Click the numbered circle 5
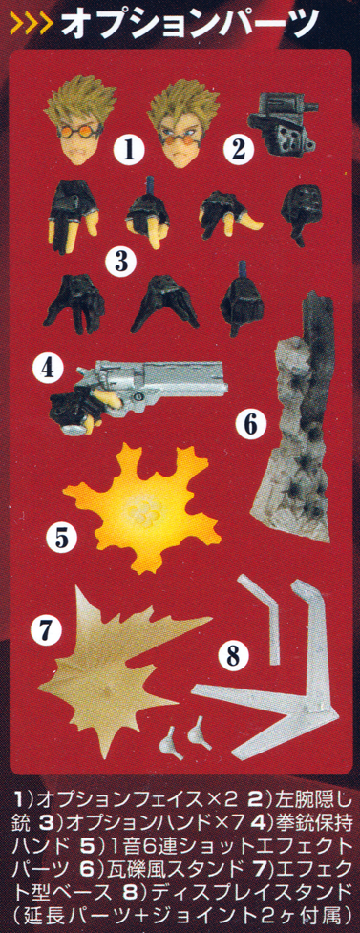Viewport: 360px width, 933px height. (x=62, y=539)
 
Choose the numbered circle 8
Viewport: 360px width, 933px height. (x=233, y=656)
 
